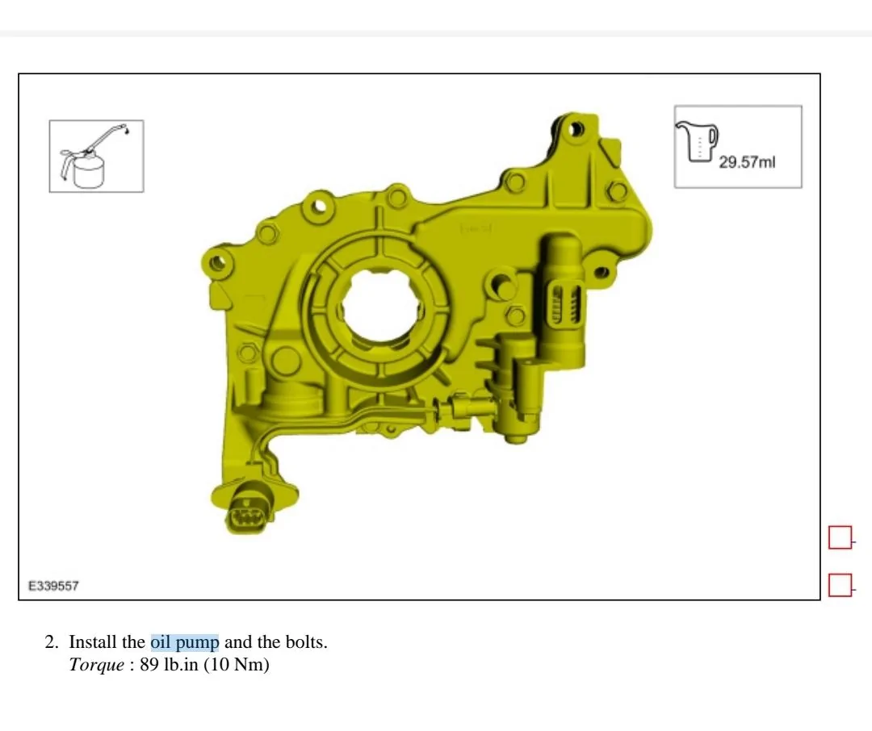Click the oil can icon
[x=96, y=157]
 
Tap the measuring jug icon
[x=698, y=142]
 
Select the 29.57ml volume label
[x=746, y=162]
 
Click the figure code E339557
[x=53, y=586]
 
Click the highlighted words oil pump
[x=184, y=642]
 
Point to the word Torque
[x=96, y=666]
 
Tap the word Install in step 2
[x=94, y=642]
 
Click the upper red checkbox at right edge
[x=840, y=537]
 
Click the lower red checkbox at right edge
[x=840, y=584]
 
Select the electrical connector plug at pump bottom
[x=246, y=510]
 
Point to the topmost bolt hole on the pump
[x=575, y=128]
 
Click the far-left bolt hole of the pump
[x=215, y=262]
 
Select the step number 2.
[x=51, y=642]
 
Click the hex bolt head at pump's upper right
[x=617, y=191]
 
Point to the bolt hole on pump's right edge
[x=601, y=271]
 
